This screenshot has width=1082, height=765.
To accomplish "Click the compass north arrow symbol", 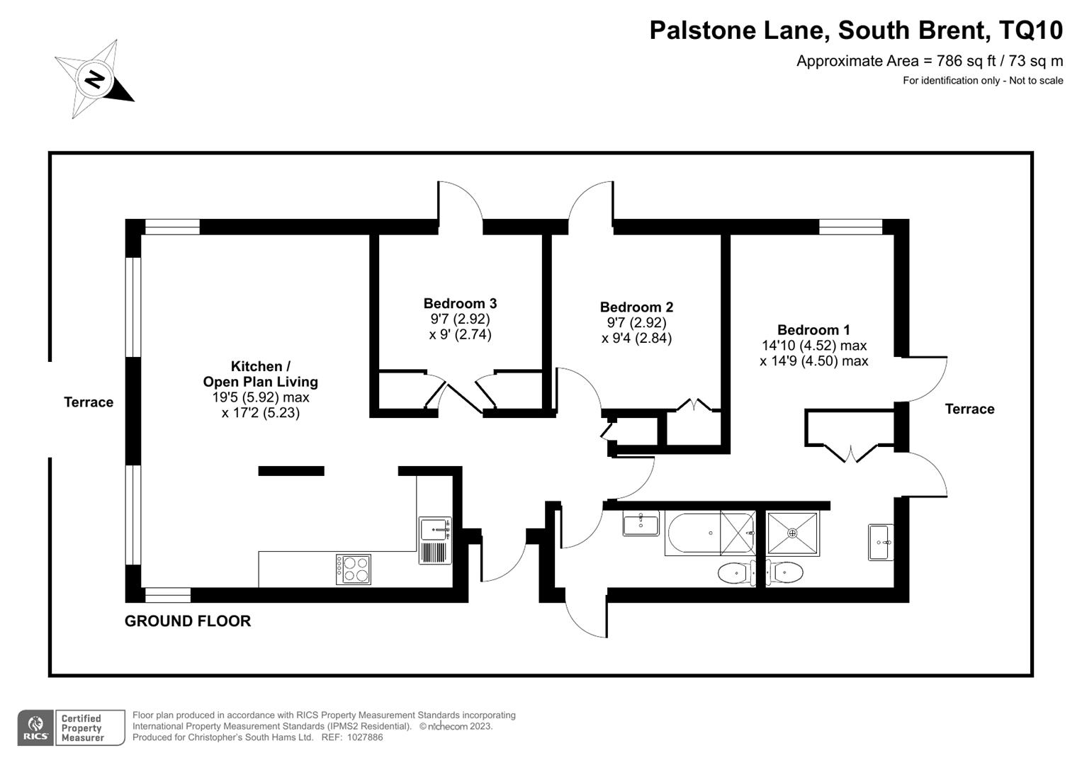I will [94, 79].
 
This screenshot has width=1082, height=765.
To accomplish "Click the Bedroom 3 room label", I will [460, 304].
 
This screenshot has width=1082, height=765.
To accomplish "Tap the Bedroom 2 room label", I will [636, 307].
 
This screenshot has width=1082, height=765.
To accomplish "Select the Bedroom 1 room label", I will [813, 330].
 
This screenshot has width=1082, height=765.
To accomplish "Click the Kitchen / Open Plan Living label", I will [260, 374].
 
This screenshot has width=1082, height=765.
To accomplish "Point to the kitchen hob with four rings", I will [354, 569].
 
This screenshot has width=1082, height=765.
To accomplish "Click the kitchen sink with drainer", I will [435, 540].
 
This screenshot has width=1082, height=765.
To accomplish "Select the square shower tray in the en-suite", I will [793, 533].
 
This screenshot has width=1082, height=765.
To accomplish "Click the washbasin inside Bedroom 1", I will [880, 543].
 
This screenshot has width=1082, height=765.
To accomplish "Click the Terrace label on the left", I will [89, 402].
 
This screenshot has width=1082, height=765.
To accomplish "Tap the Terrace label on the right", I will [969, 409].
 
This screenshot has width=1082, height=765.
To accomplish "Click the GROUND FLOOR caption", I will [188, 621].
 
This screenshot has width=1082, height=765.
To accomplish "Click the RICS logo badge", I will [35, 727].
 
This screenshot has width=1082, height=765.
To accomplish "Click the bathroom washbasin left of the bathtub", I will [641, 524].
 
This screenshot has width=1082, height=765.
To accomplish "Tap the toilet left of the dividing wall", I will [736, 573].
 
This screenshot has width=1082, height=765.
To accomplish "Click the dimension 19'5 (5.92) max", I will [260, 397].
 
